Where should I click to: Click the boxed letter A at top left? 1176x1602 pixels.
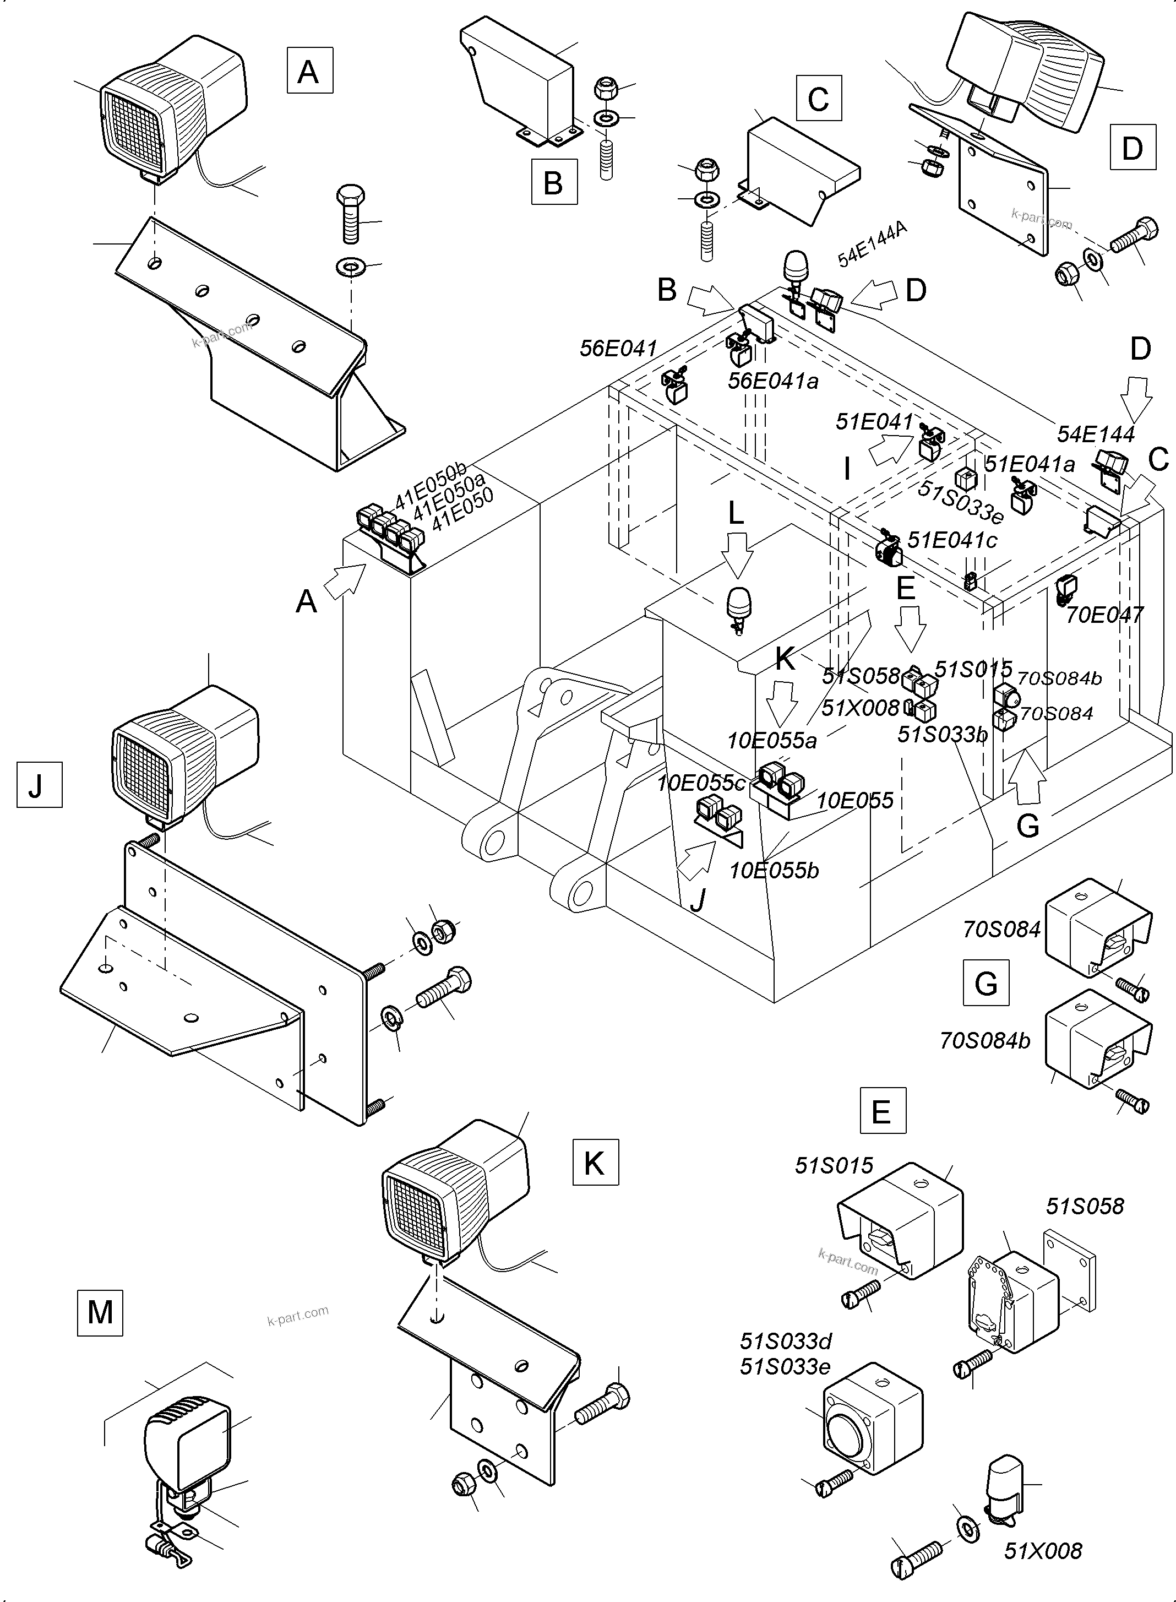click(309, 70)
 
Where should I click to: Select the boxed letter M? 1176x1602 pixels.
click(100, 1312)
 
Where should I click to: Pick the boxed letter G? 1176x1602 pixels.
click(986, 982)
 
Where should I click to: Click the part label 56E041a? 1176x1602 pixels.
click(772, 381)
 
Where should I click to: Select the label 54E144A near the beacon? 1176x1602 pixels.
click(872, 244)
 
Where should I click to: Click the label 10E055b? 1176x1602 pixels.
click(774, 870)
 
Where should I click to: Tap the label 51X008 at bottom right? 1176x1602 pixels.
click(1042, 1551)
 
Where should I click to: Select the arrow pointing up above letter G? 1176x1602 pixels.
click(1027, 778)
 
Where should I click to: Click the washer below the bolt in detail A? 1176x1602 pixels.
click(349, 268)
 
